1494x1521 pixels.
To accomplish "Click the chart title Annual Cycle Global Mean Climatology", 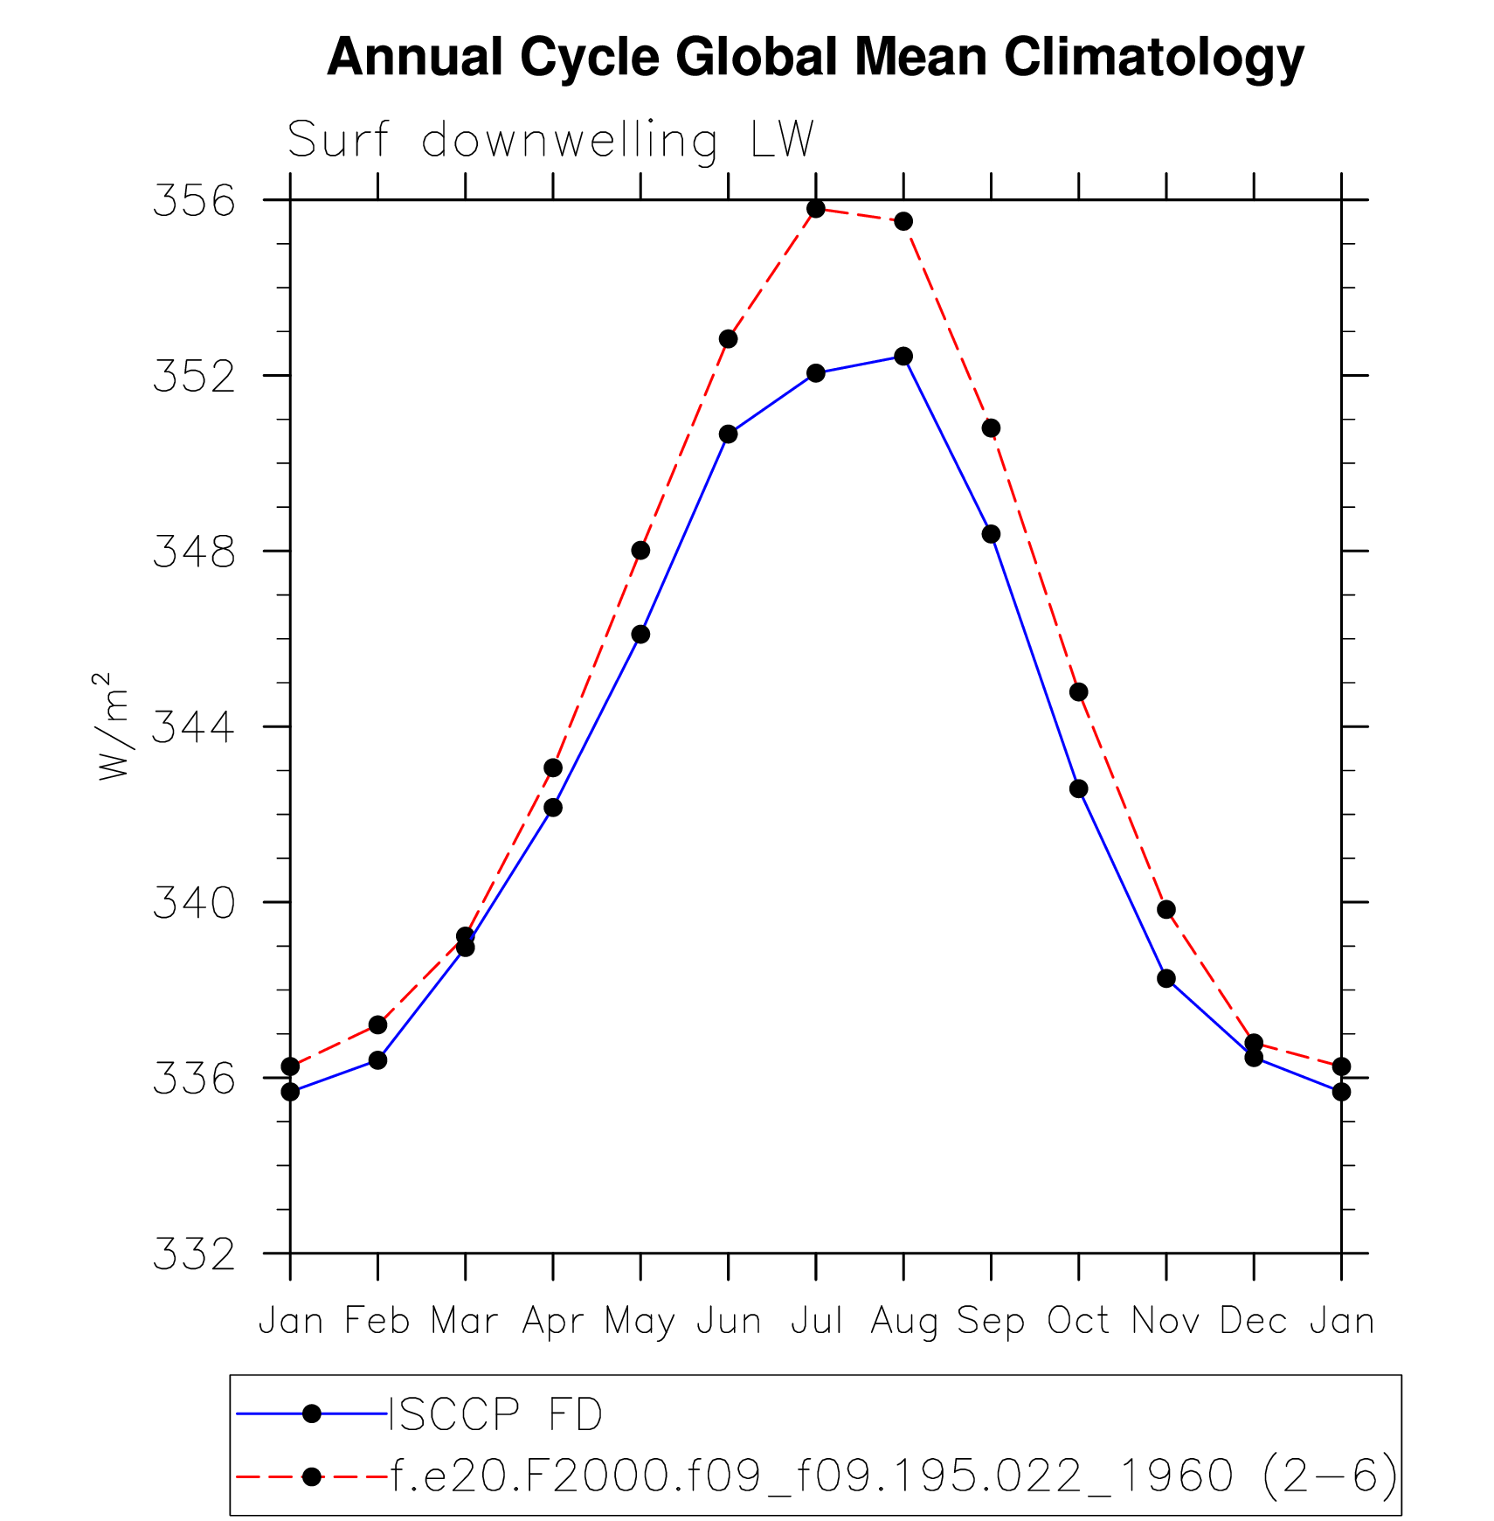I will (814, 58).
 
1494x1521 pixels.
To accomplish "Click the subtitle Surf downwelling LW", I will (550, 140).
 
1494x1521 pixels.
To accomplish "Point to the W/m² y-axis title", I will (114, 726).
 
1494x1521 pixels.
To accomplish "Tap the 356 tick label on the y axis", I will (194, 201).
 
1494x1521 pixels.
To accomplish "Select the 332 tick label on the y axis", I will (194, 1254).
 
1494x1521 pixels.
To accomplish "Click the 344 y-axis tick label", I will (194, 727).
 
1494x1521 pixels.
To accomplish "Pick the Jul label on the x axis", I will (816, 1321).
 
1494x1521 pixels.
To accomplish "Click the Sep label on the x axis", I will (991, 1321).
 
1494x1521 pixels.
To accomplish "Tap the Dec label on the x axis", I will (1254, 1321).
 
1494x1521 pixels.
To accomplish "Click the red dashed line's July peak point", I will (816, 209).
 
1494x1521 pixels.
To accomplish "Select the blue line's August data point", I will (903, 356).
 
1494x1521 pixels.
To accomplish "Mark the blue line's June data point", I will (729, 434).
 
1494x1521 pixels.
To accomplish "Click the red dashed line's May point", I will (640, 550).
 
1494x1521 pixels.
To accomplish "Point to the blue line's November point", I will (1166, 978).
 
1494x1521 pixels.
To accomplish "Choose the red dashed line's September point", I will (991, 427).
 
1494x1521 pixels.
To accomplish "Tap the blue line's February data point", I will (377, 1059).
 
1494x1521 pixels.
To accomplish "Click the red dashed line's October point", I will (1079, 691).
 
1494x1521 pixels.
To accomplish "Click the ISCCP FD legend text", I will (495, 1414).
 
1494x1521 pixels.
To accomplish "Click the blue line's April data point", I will (553, 807).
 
